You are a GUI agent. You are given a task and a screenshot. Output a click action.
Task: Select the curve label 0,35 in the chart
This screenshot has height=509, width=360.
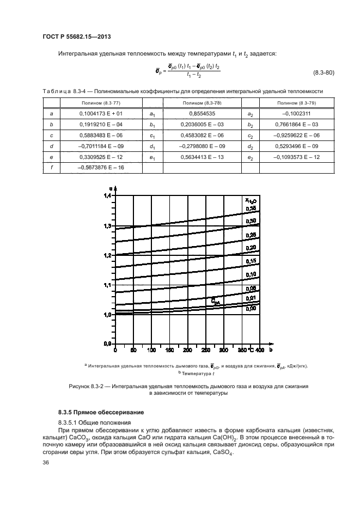tap(251, 208)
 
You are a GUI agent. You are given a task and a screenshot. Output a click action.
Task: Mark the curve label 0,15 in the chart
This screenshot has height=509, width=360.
tap(251, 261)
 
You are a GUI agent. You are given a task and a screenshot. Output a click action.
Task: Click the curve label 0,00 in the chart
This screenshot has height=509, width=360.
tap(251, 309)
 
